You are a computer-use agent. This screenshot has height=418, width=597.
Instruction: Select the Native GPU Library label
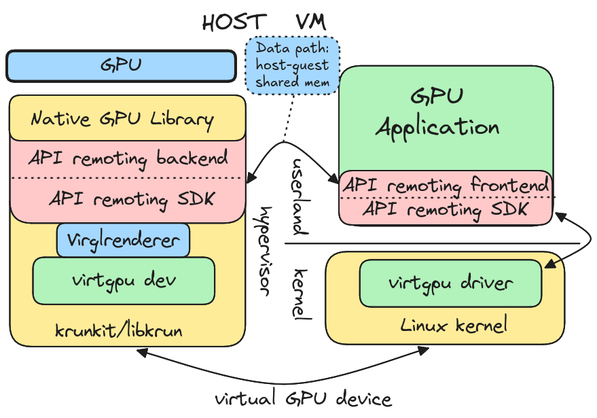122,120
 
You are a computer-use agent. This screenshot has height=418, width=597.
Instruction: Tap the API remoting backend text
128,159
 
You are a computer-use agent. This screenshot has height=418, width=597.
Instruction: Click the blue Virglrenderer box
123,240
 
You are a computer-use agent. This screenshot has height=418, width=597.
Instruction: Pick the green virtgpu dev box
124,280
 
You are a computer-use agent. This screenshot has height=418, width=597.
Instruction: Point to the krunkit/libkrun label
119,331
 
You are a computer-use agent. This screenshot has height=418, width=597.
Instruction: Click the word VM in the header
310,22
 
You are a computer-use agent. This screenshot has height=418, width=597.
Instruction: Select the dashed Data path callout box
292,65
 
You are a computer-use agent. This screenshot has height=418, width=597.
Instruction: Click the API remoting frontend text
446,185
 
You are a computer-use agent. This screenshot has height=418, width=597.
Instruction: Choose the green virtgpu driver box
450,282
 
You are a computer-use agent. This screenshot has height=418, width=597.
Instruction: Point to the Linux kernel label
454,326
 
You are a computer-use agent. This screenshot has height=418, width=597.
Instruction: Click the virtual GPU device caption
303,398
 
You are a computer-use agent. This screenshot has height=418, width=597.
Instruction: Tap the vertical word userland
299,197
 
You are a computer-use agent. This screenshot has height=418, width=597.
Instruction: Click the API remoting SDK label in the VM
445,209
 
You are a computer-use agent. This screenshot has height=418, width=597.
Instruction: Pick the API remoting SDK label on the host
132,199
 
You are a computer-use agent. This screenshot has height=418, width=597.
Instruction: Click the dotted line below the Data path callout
291,116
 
